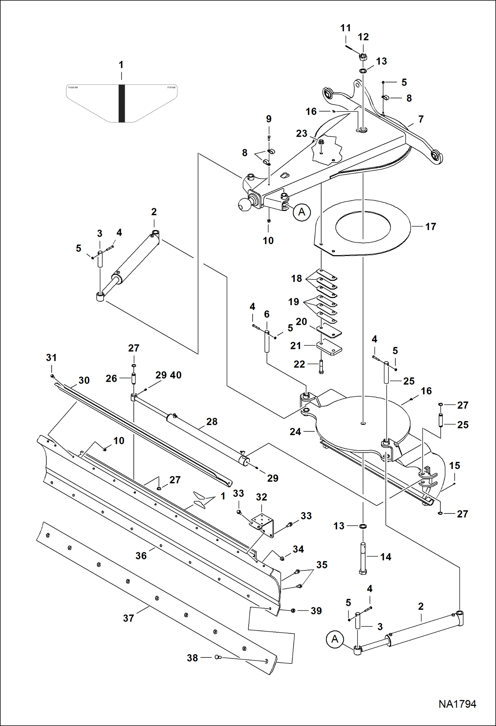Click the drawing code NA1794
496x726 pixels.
[457, 704]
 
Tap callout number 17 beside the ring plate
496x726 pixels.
[430, 227]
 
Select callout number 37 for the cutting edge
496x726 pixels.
[128, 618]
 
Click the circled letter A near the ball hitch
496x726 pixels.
[302, 212]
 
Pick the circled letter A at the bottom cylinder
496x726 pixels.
[335, 639]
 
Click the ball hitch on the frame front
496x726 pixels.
[245, 204]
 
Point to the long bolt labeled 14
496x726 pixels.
[363, 558]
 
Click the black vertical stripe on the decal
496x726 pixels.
[122, 103]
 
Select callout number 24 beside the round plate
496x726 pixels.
[295, 432]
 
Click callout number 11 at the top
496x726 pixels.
[345, 28]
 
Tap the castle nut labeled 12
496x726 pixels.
[363, 57]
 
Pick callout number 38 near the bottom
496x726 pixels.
[192, 658]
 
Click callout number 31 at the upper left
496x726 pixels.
[51, 358]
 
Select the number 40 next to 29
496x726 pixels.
[176, 375]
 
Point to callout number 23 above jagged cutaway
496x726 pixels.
[301, 133]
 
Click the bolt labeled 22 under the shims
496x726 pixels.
[321, 367]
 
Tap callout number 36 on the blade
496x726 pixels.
[141, 556]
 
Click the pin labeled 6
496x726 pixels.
[267, 341]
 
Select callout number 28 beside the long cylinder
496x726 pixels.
[212, 421]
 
